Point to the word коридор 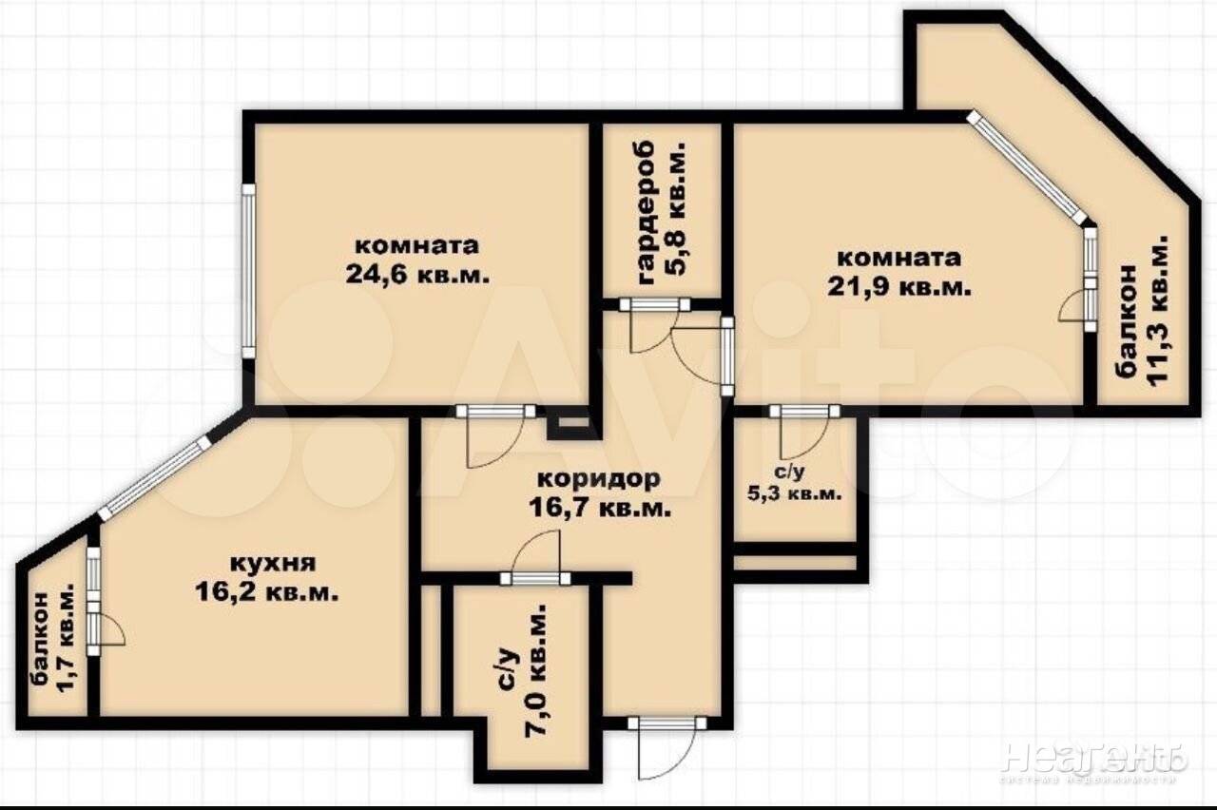coord(599,478)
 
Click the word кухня coord(273,564)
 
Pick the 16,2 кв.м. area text coord(267,591)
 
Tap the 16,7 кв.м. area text coord(600,509)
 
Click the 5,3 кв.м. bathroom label coord(794,494)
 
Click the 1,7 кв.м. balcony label coord(65,644)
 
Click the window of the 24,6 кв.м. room coord(248,271)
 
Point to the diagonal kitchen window coord(154,477)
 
